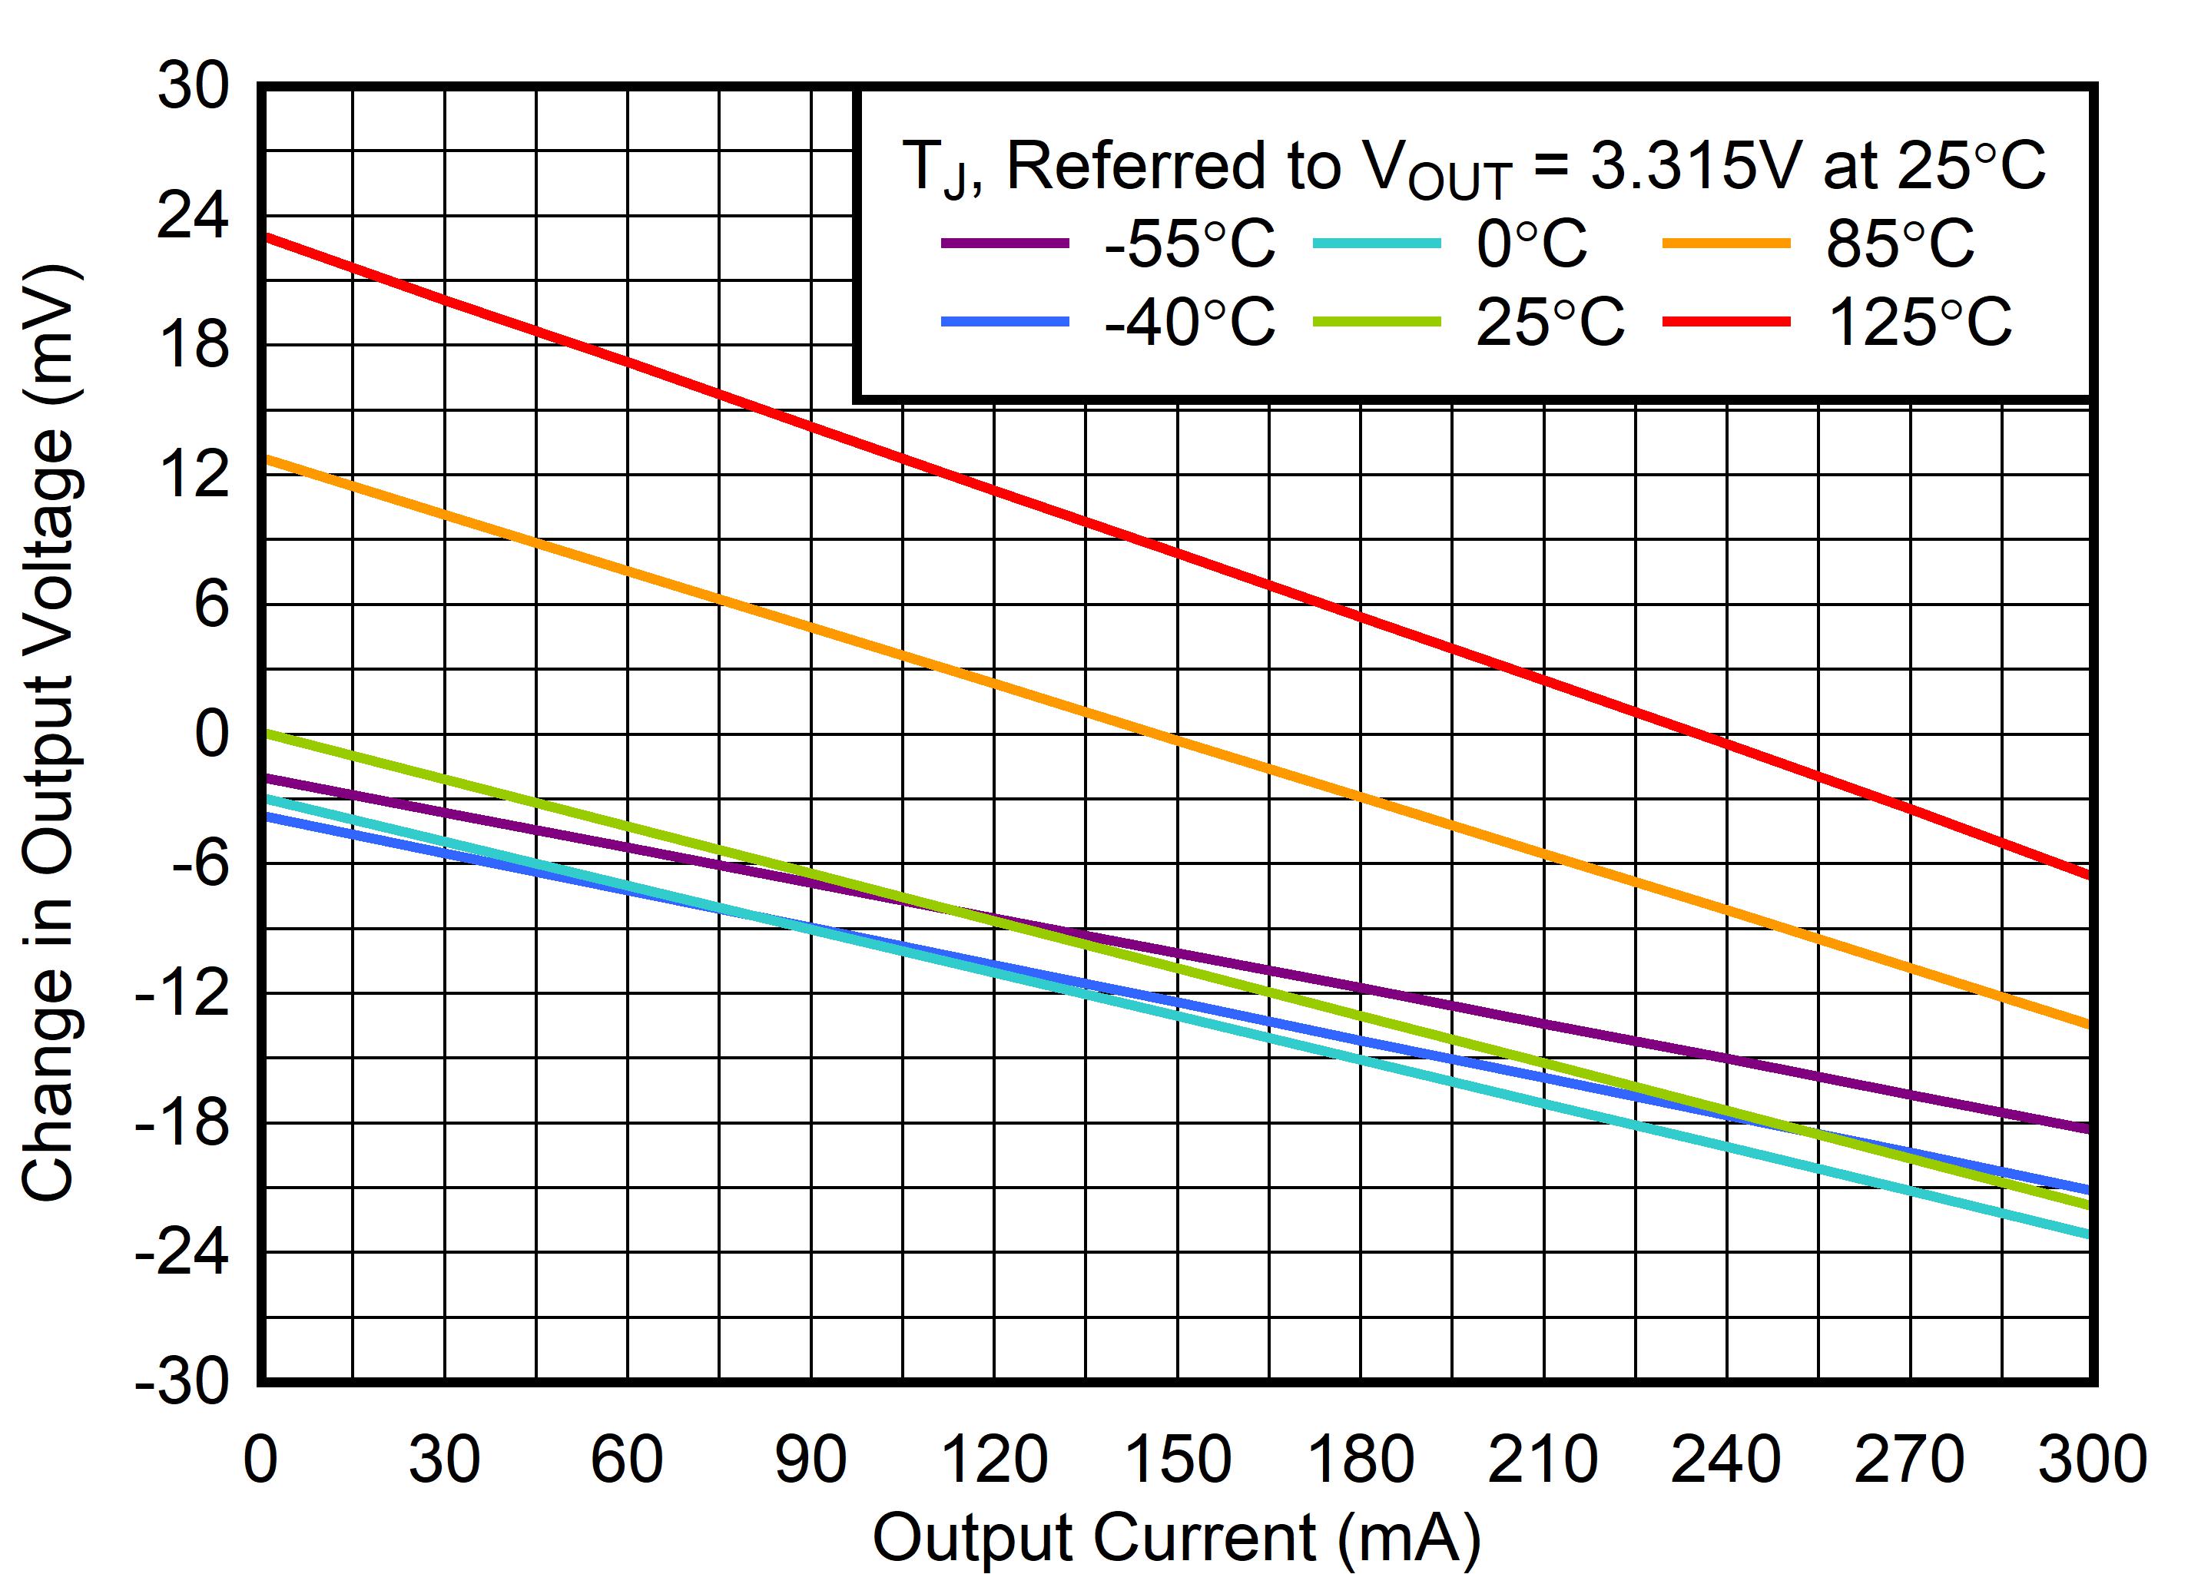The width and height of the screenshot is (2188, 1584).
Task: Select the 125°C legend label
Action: (x=1919, y=321)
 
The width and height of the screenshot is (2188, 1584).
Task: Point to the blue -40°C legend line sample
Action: (x=1005, y=321)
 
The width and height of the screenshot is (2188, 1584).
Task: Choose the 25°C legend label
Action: (x=1550, y=321)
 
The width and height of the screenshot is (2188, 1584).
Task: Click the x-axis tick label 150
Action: (x=1177, y=1460)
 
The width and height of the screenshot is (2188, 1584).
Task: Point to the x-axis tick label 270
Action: (x=1909, y=1460)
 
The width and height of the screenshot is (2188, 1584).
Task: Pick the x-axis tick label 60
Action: (x=627, y=1460)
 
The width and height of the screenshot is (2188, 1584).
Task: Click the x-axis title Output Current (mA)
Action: (x=1176, y=1536)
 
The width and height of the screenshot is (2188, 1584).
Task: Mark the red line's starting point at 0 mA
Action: (x=264, y=237)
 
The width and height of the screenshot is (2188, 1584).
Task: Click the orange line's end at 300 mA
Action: (x=2090, y=1025)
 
